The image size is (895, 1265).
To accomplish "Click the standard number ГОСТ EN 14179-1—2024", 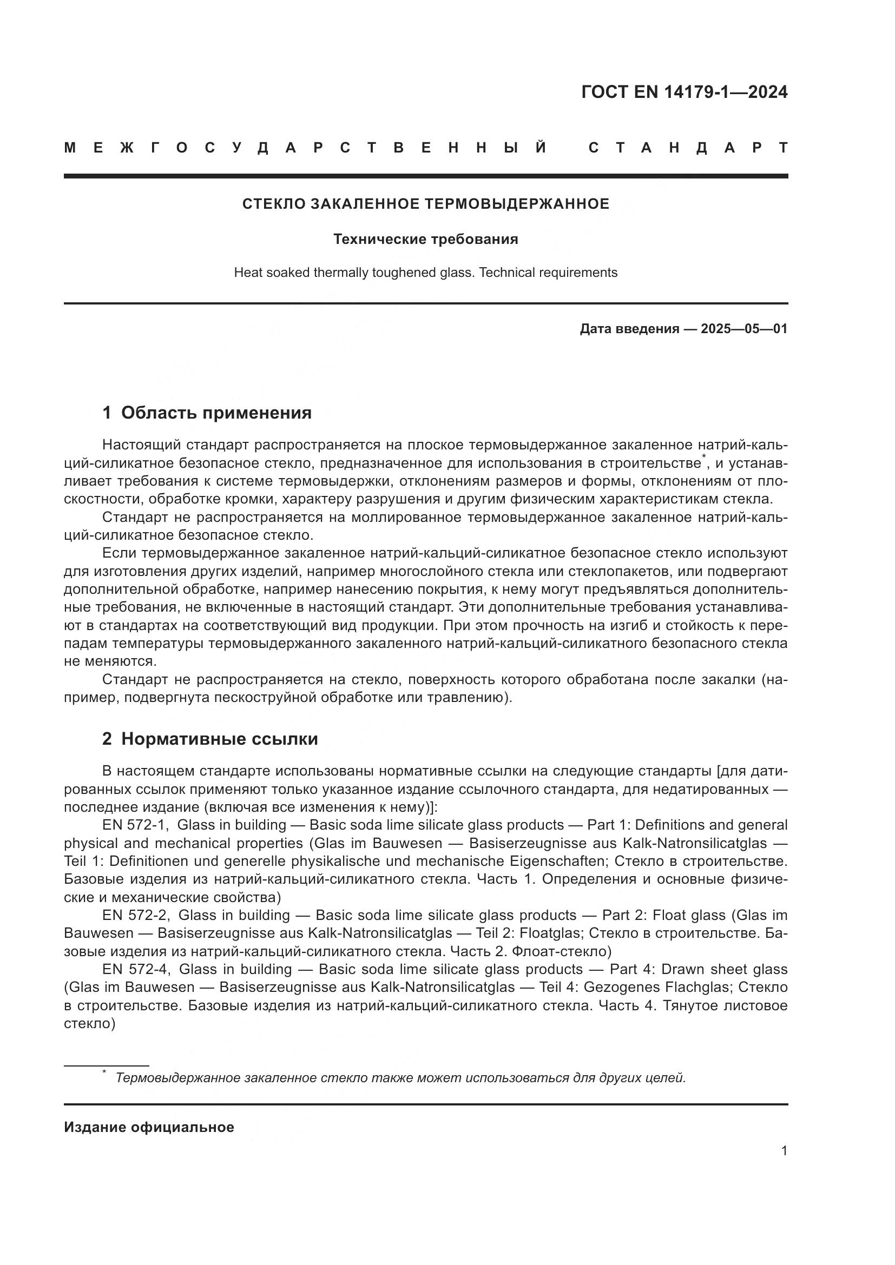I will (x=684, y=92).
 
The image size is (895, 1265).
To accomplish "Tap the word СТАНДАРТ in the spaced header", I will (x=688, y=148).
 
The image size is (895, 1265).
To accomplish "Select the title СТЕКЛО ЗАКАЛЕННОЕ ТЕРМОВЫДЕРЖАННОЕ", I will (x=425, y=204).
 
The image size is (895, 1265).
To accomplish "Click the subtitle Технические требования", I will (x=425, y=239).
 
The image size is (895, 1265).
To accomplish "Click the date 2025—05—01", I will (x=743, y=329).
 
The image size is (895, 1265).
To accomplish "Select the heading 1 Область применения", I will (x=207, y=413).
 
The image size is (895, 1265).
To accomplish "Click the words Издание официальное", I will (x=149, y=1127).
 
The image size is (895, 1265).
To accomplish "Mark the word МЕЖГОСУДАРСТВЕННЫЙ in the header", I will (x=306, y=148).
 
